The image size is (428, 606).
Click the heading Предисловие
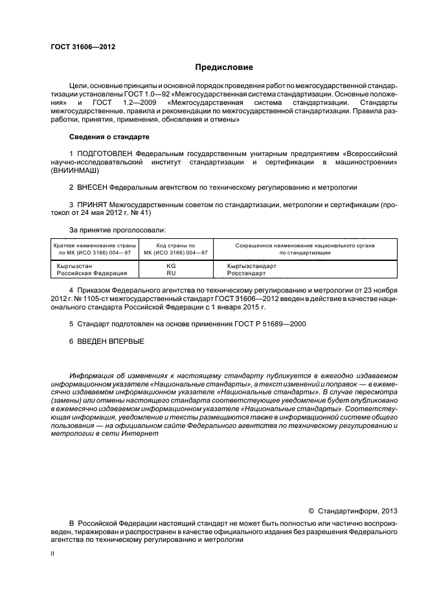click(225, 67)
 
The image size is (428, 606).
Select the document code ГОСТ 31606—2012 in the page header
click(78, 47)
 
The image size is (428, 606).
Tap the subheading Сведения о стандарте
click(109, 137)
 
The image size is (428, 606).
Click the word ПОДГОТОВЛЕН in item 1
click(106, 153)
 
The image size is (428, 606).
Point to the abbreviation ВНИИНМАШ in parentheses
click(74, 171)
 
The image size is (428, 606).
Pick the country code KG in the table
click(171, 266)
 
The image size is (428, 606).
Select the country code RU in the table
click(171, 273)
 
